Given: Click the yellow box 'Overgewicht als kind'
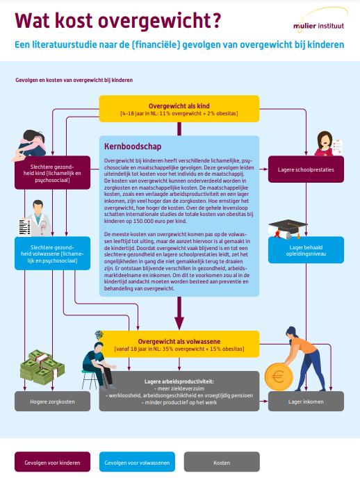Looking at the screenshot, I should point(179,108).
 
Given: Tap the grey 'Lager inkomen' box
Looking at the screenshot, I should point(306,401).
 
